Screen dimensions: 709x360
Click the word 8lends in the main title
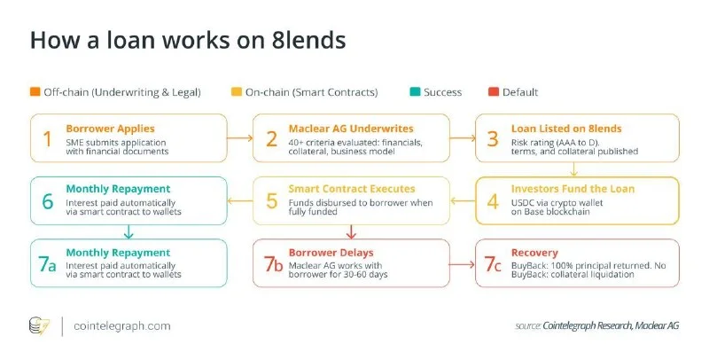pos(308,40)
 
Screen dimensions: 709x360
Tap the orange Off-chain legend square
pos(35,92)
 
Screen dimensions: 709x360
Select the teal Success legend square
pos(415,92)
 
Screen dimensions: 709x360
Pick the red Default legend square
pos(494,92)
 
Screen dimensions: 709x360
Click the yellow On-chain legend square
pos(236,92)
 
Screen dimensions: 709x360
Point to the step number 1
pos(47,139)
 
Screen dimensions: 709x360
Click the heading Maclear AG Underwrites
pos(351,129)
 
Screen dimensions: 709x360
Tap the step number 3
pos(493,139)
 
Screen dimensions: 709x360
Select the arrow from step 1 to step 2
pos(239,138)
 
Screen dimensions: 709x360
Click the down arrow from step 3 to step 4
pos(573,169)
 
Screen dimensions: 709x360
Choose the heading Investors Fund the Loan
pos(573,189)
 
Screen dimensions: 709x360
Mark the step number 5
pos(271,201)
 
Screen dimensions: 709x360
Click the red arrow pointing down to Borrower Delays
pos(351,231)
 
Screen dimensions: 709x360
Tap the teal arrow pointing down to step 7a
pos(129,231)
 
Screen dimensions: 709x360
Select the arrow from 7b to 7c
pos(462,264)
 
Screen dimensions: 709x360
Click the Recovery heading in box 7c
pos(534,253)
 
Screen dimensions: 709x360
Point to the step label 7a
pos(47,264)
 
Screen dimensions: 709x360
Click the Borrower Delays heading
pos(331,253)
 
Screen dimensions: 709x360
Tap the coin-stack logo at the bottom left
pos(39,326)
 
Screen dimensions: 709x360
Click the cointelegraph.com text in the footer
pos(122,326)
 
